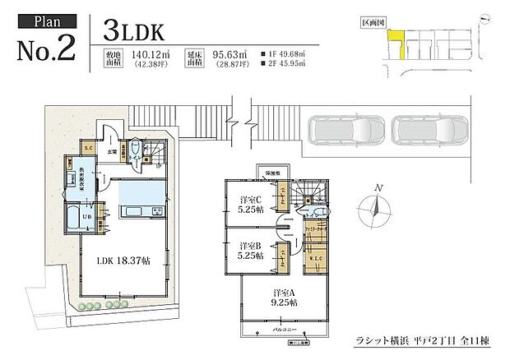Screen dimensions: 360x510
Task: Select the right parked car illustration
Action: pos(428,130)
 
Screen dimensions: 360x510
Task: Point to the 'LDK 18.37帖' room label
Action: pos(123,261)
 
